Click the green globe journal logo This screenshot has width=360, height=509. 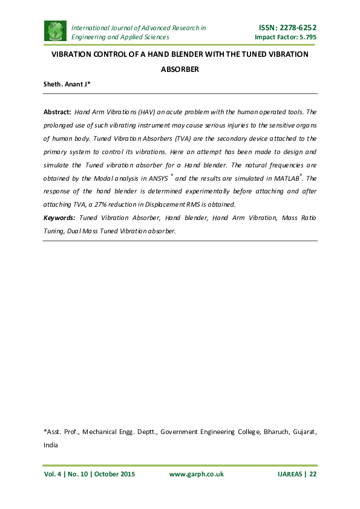(x=55, y=32)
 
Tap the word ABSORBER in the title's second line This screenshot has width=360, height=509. (x=180, y=70)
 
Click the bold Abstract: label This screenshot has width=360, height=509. (x=57, y=112)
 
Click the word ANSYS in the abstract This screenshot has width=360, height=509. (x=159, y=179)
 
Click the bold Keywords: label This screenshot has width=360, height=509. (x=59, y=218)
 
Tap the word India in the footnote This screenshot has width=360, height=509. (x=50, y=445)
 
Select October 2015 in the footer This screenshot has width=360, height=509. (x=113, y=475)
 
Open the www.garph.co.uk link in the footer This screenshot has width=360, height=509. (x=196, y=475)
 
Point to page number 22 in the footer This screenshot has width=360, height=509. (x=313, y=475)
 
